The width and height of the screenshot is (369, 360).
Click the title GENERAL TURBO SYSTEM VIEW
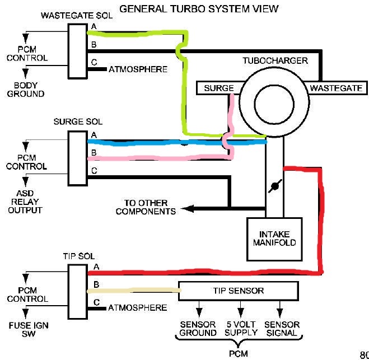coord(199,9)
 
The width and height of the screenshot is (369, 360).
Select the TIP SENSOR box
coord(239,291)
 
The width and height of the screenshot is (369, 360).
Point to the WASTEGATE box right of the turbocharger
coord(335,88)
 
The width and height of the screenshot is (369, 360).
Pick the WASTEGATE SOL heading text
coord(76,16)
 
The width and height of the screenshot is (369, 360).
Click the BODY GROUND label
coord(26,90)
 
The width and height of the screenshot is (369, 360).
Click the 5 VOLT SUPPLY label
coord(241,329)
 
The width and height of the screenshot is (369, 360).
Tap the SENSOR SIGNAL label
coord(282,329)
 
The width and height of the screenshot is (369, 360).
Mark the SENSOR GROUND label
coord(198,329)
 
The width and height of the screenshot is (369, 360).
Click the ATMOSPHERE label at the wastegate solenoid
coord(137,69)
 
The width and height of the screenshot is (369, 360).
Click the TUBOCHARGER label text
coord(274,60)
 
